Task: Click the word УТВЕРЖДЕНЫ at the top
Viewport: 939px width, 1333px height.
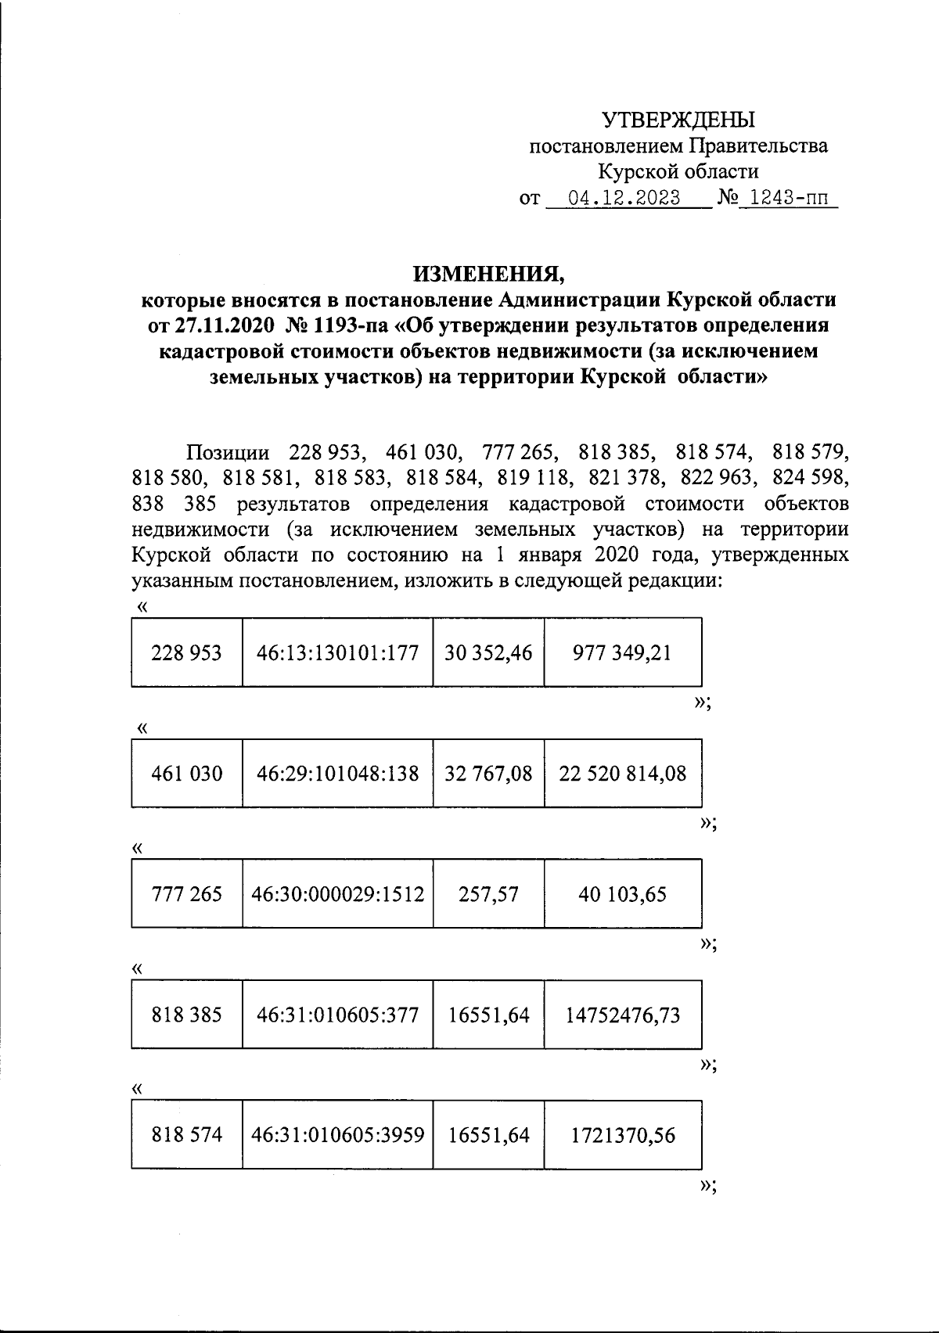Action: click(x=678, y=120)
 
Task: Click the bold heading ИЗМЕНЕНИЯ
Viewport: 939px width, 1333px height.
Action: click(x=489, y=274)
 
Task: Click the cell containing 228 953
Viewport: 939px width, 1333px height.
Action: click(x=186, y=652)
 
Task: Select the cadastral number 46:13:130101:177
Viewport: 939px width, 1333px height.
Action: click(x=337, y=652)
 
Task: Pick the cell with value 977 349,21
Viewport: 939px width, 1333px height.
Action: click(x=622, y=652)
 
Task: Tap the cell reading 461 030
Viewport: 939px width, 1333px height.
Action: click(x=186, y=774)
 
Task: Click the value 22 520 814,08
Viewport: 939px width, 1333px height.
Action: click(x=622, y=774)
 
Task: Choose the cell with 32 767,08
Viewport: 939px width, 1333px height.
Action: click(x=488, y=774)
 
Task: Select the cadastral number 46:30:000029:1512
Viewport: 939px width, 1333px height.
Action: click(x=337, y=894)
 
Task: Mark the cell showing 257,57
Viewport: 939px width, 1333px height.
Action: click(x=488, y=894)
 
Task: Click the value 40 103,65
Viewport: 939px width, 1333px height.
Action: click(x=622, y=894)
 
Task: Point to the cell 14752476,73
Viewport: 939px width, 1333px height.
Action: click(x=622, y=1015)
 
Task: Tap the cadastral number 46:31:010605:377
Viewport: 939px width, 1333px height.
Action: click(x=337, y=1015)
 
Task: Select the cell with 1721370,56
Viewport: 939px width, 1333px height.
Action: click(x=622, y=1134)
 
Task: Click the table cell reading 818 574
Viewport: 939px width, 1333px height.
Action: click(x=186, y=1134)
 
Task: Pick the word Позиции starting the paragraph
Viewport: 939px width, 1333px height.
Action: click(x=227, y=453)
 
